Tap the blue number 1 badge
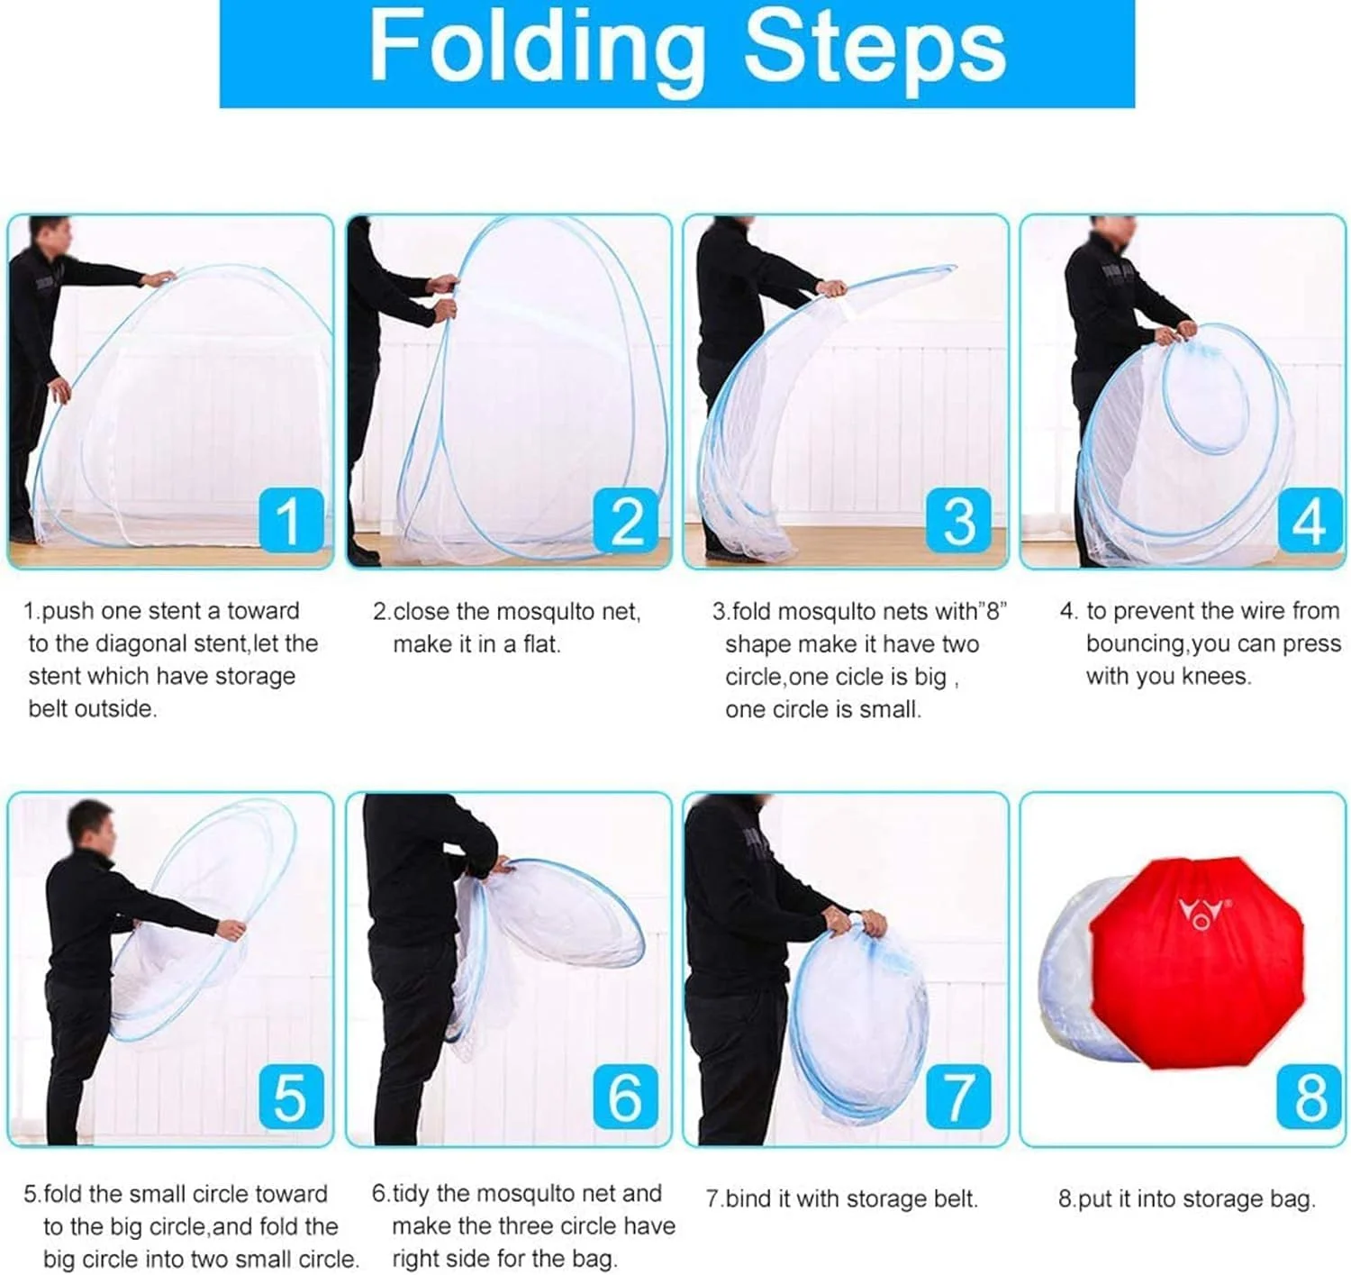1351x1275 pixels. (291, 519)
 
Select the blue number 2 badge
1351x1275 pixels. (626, 519)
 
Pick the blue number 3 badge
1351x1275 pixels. (958, 519)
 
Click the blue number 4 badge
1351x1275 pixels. (1310, 519)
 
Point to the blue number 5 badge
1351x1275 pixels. (291, 1096)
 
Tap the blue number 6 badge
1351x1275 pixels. (626, 1096)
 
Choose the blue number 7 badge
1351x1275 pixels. (958, 1096)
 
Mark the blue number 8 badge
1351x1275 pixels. (1310, 1096)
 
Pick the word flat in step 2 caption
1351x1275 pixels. (541, 643)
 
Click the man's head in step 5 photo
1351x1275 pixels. (92, 825)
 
